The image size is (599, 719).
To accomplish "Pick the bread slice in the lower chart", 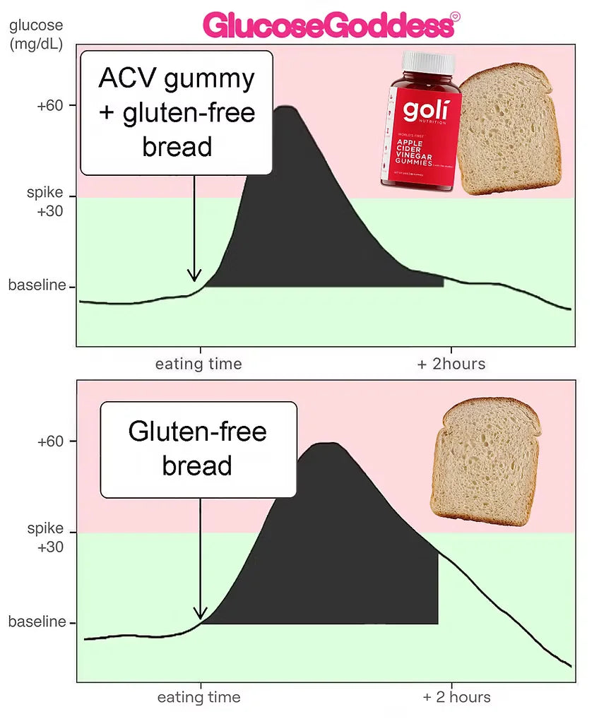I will coord(486,458).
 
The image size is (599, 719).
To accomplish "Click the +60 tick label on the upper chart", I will coord(50,106).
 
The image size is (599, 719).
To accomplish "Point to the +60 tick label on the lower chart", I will coord(50,441).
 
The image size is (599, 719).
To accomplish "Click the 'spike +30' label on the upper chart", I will coord(45,202).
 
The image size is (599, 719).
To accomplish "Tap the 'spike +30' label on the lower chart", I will coord(45,537).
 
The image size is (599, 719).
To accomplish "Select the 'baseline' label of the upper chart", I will coord(37,286).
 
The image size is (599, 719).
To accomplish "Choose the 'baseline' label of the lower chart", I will coord(37,622).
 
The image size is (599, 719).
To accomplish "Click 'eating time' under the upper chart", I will coord(198,364).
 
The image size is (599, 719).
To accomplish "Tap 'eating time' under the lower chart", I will coord(198,698).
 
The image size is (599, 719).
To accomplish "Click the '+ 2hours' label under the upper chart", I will coord(451,364).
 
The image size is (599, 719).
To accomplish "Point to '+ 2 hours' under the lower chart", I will coord(456,698).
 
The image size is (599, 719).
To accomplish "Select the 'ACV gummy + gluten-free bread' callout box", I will coord(177,113).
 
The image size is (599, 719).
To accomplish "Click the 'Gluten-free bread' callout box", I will coord(198,449).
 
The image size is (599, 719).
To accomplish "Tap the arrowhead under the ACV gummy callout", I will coord(194,276).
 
